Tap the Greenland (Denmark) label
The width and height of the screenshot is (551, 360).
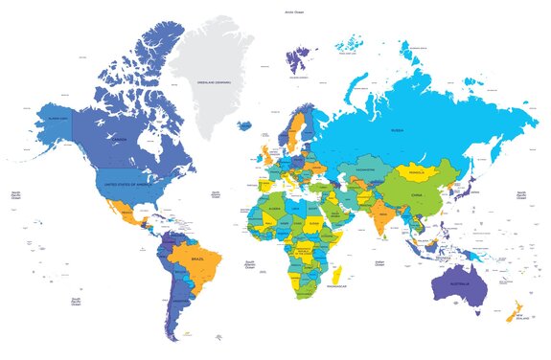point(214,83)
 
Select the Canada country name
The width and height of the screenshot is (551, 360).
point(121,140)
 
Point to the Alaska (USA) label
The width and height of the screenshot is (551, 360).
point(57,118)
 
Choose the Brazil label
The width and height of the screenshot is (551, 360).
point(199,259)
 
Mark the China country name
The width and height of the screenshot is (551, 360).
point(416,194)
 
